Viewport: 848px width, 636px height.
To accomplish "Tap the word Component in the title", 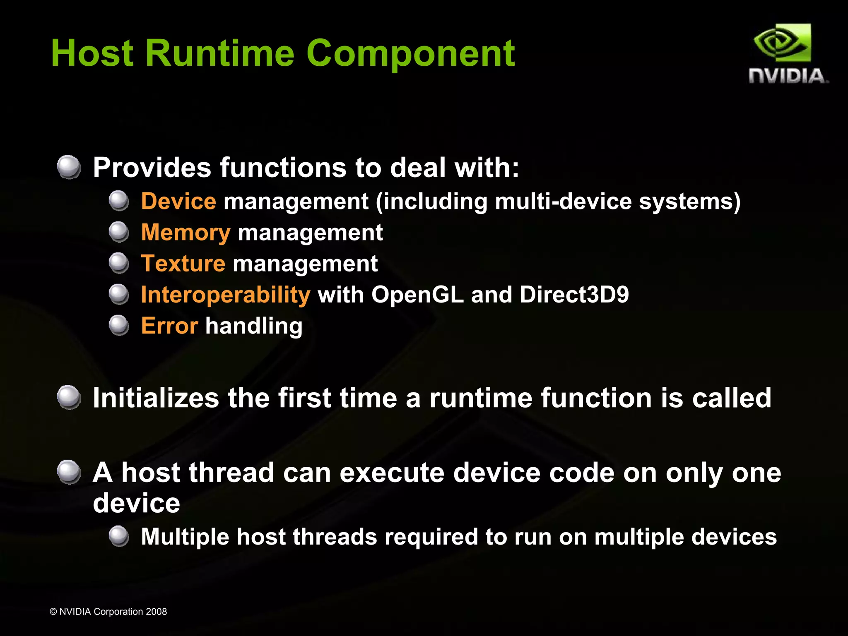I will point(410,54).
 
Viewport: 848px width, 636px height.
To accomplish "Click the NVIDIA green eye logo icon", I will point(782,43).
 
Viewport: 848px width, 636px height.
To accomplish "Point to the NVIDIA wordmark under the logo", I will point(788,76).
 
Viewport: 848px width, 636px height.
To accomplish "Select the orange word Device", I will point(178,202).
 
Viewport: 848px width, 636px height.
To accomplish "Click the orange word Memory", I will point(185,233).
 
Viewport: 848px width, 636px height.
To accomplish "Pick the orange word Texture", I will point(183,264).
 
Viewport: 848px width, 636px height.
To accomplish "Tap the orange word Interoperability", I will point(225,295).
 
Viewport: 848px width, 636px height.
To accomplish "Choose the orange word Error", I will point(169,326).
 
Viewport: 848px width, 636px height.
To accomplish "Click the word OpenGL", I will point(417,295).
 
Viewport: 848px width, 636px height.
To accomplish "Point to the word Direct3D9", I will point(574,295).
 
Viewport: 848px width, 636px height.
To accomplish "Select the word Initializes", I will point(156,398).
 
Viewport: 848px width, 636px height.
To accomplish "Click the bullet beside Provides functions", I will point(69,167).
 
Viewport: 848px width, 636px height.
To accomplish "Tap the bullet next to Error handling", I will point(119,325).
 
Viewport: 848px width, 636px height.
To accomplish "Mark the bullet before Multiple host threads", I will point(119,536).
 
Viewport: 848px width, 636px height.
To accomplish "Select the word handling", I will point(254,326).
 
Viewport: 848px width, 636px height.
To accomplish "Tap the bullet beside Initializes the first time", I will point(69,397).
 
